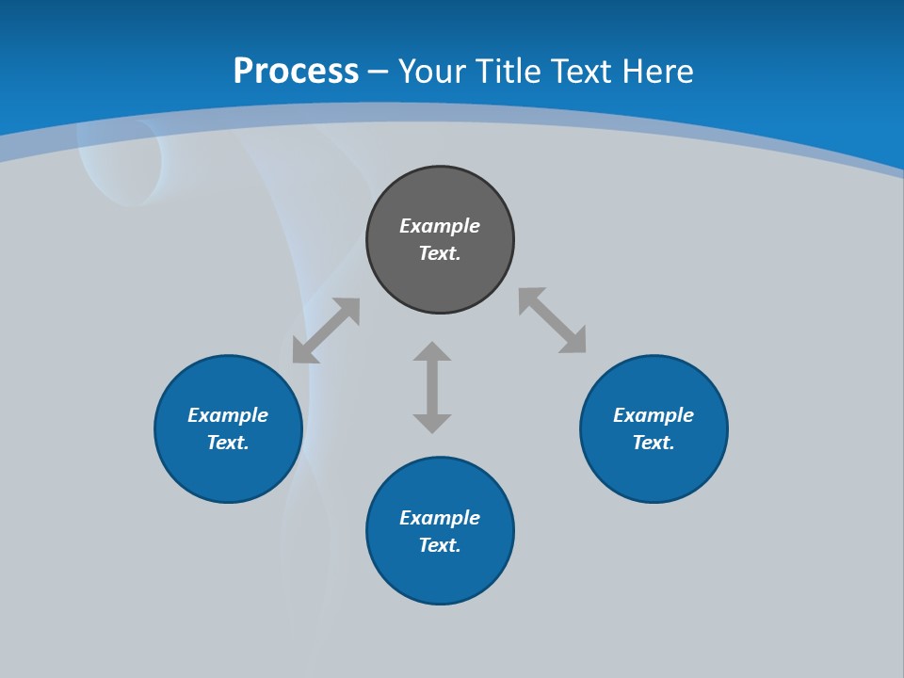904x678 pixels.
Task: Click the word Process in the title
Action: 296,72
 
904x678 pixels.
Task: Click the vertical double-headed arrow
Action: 432,387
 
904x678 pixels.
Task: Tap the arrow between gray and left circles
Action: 326,331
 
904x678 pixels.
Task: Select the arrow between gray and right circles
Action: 552,320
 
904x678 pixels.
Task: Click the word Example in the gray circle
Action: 440,226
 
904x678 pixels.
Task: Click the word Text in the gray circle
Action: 438,253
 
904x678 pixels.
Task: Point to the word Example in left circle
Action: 228,415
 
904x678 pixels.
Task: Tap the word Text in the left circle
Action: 226,443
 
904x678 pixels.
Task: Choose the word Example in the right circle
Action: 654,415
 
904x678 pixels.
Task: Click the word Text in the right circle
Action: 652,443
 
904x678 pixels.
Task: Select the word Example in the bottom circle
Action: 440,518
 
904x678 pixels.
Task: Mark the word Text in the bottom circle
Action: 438,545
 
